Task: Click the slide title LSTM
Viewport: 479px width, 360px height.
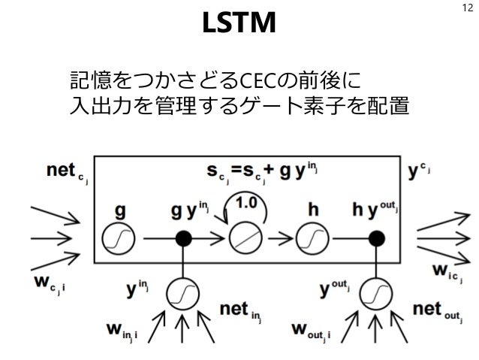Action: pyautogui.click(x=239, y=25)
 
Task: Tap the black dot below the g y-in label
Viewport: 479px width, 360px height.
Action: pyautogui.click(x=182, y=238)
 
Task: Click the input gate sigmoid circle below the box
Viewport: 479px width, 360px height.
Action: pyautogui.click(x=182, y=291)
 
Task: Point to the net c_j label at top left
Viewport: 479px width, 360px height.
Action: pyautogui.click(x=68, y=173)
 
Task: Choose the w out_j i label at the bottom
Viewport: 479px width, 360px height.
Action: pyautogui.click(x=315, y=330)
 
